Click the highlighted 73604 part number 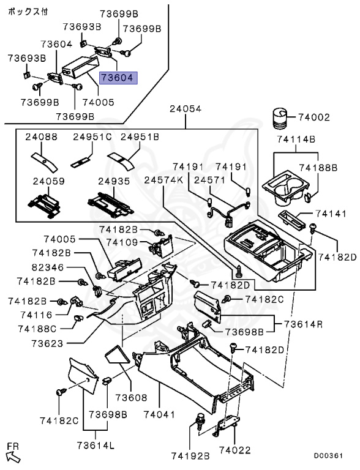[x=119, y=78]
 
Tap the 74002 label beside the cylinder [x=314, y=117]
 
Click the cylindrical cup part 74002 [x=280, y=119]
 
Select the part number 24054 [x=186, y=108]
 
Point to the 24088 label [x=41, y=137]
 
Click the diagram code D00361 [x=328, y=455]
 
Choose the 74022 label [x=234, y=450]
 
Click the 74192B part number [x=190, y=456]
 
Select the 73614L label [x=96, y=445]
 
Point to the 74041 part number [x=159, y=414]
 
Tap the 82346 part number [x=48, y=267]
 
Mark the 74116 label [x=36, y=315]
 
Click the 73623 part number [x=47, y=343]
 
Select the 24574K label [x=163, y=180]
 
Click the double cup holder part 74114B [x=285, y=189]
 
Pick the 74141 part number [x=331, y=214]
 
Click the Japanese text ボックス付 [x=28, y=12]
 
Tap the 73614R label [x=303, y=324]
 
